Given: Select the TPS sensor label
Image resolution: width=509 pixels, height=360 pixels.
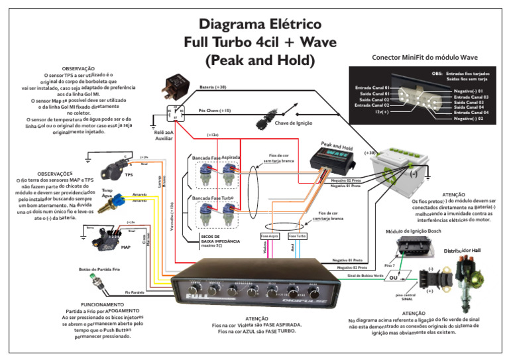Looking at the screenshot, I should click(x=129, y=175).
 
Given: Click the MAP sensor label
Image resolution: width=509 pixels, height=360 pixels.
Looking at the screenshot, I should click(x=125, y=247).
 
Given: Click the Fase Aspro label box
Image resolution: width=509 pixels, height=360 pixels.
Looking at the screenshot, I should click(x=269, y=236).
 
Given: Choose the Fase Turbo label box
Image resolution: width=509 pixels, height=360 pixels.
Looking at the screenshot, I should click(x=297, y=236).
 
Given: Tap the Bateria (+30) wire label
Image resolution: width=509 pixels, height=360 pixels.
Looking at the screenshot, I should click(x=213, y=87).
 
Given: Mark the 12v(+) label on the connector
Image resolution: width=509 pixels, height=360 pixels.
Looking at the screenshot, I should click(x=381, y=112).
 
